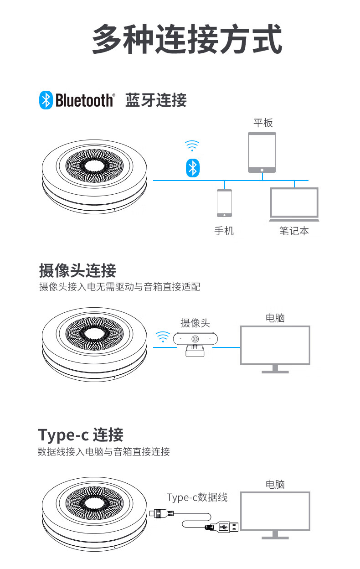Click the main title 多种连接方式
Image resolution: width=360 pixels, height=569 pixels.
187,39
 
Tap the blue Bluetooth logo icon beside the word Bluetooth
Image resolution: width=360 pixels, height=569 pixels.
46,100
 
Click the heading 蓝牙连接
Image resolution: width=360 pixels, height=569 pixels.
156,100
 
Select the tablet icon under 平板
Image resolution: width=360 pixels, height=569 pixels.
262,152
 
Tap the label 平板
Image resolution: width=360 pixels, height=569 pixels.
263,123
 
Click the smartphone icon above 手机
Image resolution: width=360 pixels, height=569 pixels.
224,203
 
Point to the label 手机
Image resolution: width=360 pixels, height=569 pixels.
224,231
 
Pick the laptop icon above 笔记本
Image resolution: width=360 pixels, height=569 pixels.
294,204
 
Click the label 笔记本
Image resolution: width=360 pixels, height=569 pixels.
294,231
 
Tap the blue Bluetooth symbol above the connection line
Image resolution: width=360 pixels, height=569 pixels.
193,168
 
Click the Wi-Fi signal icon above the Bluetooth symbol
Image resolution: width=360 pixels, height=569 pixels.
192,145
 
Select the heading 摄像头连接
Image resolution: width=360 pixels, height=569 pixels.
77,270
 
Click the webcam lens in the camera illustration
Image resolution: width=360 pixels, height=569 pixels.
195,339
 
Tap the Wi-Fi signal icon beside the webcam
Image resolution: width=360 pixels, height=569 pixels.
163,336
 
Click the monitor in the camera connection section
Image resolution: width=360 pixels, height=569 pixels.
275,349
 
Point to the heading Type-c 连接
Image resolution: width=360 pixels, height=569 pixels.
81,435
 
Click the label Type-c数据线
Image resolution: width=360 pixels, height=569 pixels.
197,497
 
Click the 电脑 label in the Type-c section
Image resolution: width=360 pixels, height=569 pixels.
275,484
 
